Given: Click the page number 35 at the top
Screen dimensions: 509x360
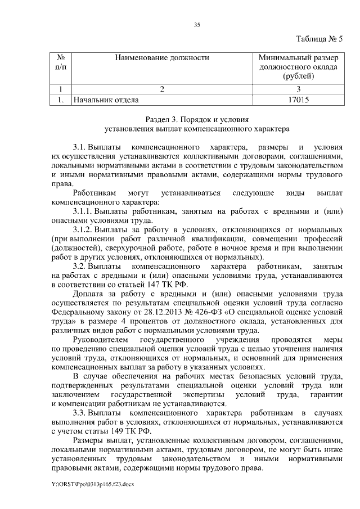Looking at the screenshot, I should (x=197, y=25).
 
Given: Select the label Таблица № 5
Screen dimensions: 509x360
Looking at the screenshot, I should (x=318, y=39).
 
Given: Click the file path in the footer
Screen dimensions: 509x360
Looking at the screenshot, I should (x=93, y=483).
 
